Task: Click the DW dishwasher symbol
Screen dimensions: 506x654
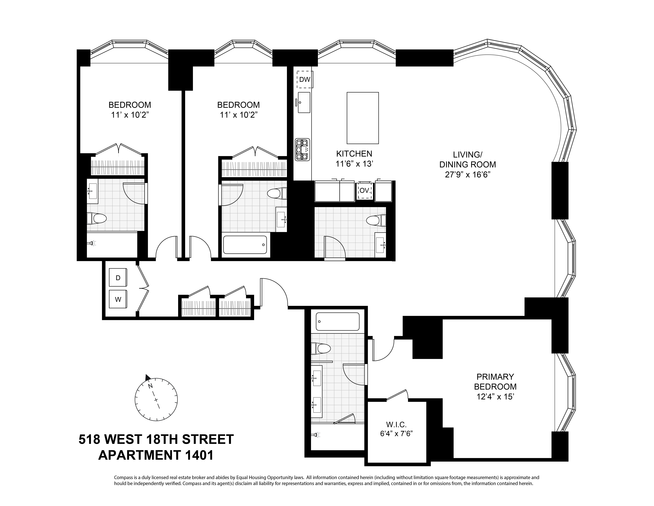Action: coord(305,79)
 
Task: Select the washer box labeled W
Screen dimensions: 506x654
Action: coord(118,299)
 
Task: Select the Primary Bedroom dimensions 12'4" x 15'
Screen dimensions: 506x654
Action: coord(495,397)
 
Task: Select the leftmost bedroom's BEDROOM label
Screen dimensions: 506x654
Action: coord(130,105)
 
